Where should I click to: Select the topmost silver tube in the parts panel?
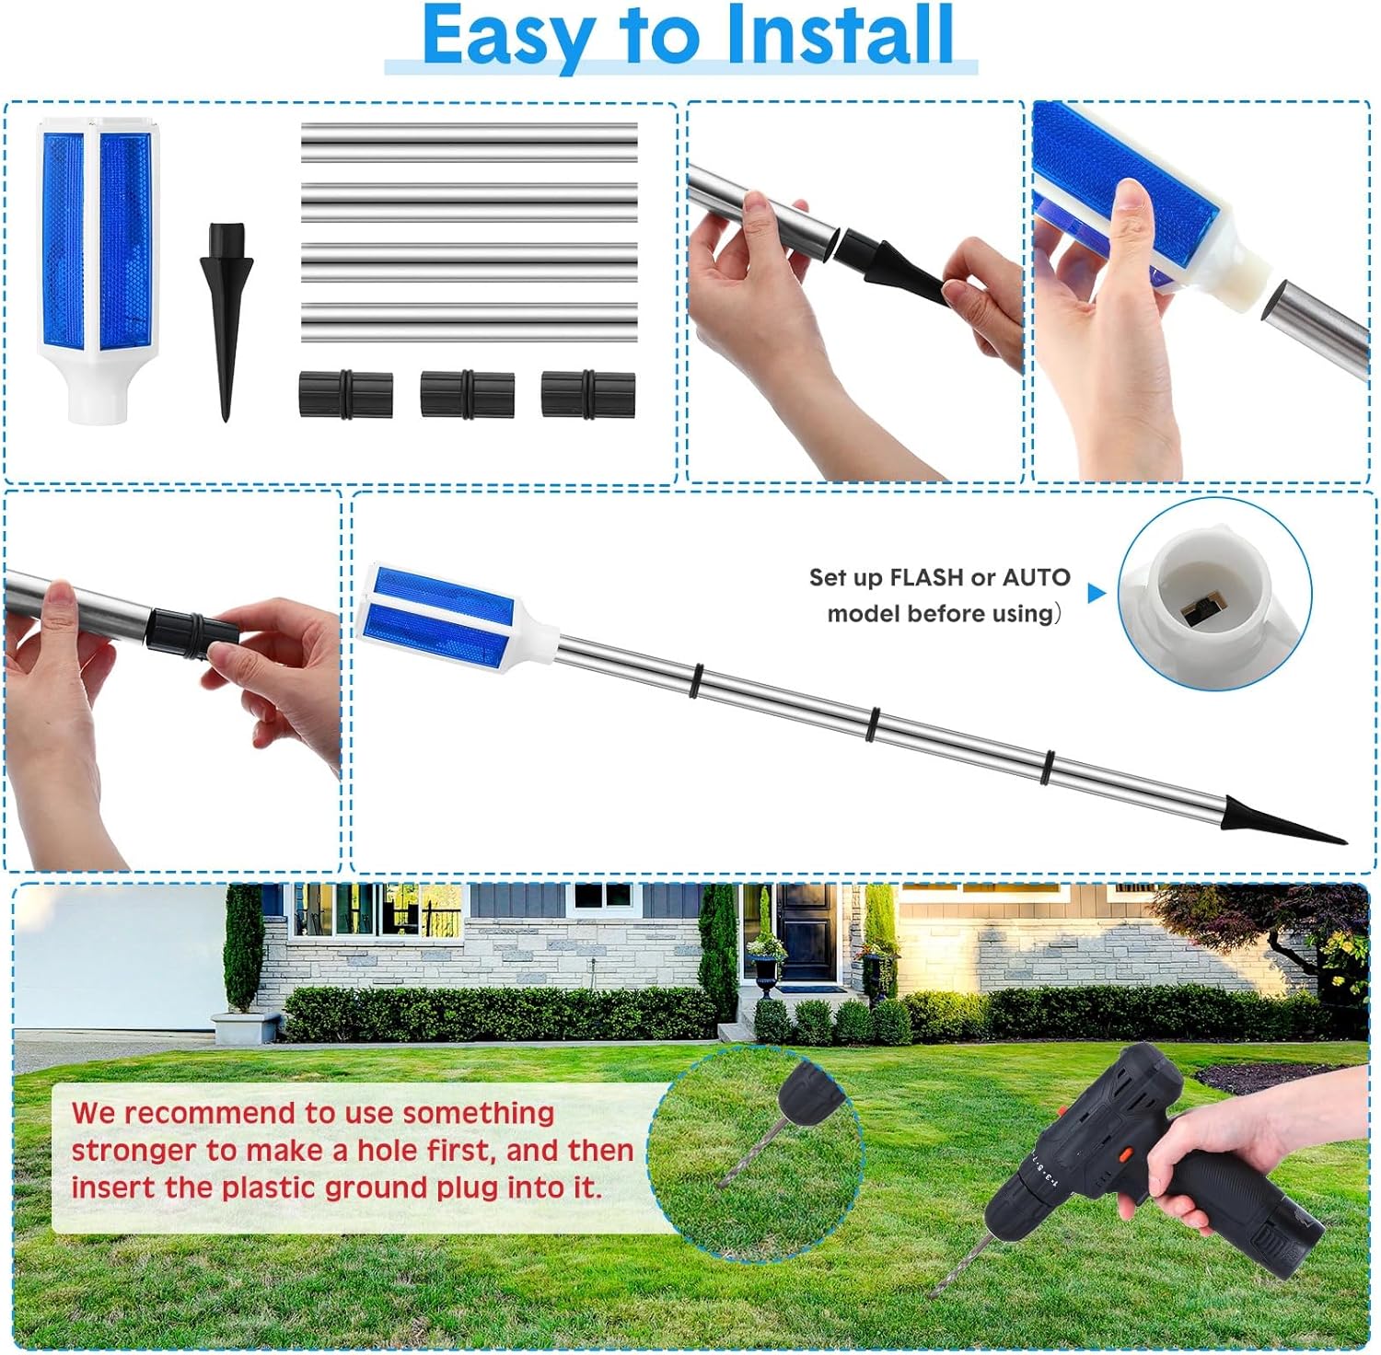pyautogui.click(x=469, y=142)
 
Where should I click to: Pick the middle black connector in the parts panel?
pyautogui.click(x=467, y=394)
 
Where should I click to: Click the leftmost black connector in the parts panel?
pyautogui.click(x=345, y=394)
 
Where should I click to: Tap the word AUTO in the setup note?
pyautogui.click(x=1036, y=578)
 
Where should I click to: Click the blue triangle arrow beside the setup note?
pyautogui.click(x=1096, y=593)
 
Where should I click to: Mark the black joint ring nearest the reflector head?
pyautogui.click(x=694, y=680)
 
